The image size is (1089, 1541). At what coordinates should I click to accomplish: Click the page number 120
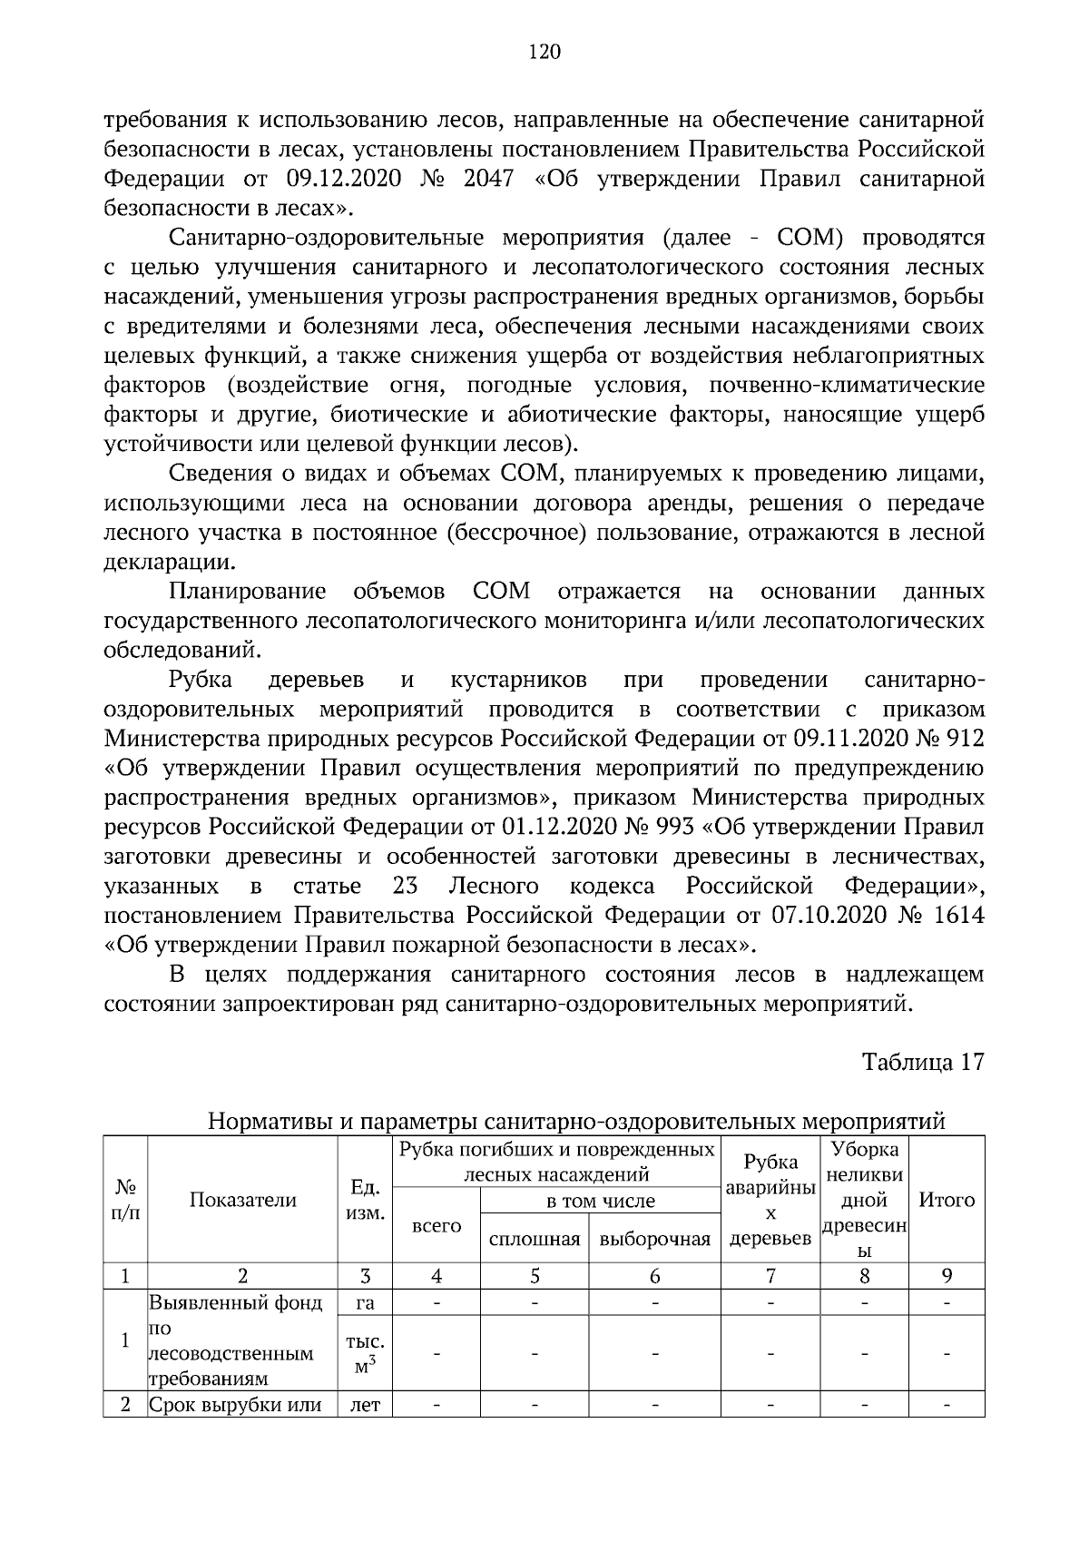[544, 52]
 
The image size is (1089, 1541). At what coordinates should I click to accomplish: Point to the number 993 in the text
[674, 828]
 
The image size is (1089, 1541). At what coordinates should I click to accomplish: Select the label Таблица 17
[923, 1063]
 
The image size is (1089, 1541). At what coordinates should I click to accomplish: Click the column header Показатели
[242, 1200]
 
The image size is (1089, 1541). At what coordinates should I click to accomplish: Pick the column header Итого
[947, 1200]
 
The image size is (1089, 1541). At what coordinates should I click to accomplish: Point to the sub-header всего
[437, 1226]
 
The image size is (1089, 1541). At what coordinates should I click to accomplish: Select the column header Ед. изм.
[365, 1200]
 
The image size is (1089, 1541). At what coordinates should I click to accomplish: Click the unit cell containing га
[365, 1303]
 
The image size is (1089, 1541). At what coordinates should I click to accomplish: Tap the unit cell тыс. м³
[365, 1352]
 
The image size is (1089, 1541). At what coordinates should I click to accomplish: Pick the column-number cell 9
[947, 1276]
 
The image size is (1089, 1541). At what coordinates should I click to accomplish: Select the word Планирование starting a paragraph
[247, 593]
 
